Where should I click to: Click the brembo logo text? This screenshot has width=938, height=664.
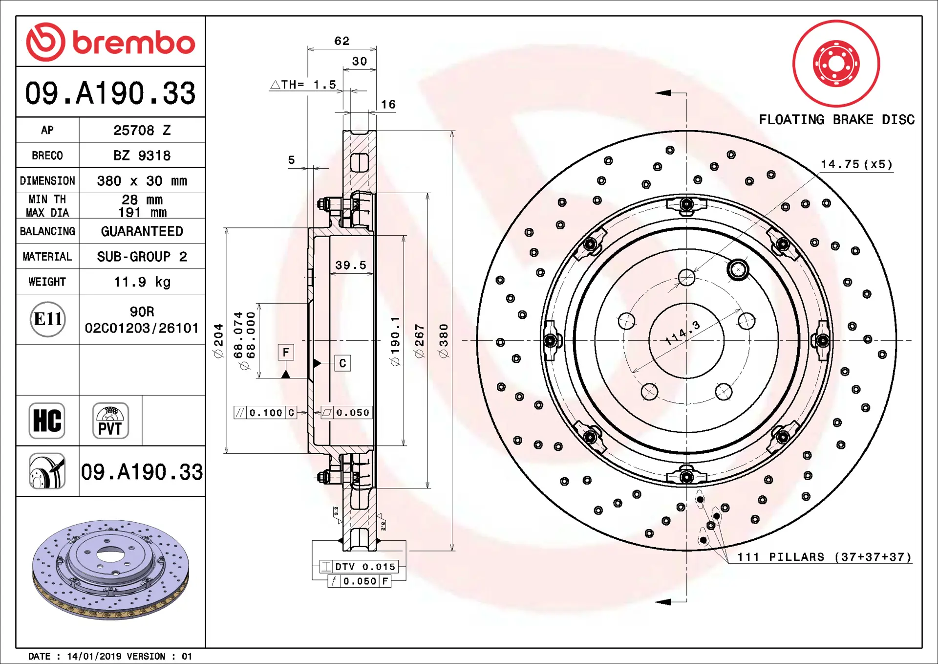point(133,43)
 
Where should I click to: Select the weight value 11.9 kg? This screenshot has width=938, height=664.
point(142,282)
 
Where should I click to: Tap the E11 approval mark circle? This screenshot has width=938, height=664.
point(47,319)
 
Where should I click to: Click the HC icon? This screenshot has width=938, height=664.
point(47,421)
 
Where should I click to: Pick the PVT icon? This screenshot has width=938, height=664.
point(110,421)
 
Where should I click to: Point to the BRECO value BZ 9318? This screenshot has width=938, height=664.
point(142,155)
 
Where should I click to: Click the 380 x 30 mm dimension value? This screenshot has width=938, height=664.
point(142,181)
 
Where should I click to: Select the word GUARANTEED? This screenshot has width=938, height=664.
point(142,231)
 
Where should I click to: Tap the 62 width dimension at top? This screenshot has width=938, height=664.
point(341,41)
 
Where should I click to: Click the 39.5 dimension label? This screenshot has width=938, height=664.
point(350,265)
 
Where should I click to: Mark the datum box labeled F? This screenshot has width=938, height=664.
point(286,352)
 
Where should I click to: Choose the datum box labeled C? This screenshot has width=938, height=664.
point(342,363)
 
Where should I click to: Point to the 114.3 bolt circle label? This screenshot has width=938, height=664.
point(682,333)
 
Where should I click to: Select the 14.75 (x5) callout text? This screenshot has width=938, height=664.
point(856,164)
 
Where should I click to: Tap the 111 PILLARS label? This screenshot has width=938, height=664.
point(824,557)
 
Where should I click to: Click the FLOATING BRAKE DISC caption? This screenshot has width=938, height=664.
point(836,120)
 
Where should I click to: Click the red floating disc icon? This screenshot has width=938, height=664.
point(836,64)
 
